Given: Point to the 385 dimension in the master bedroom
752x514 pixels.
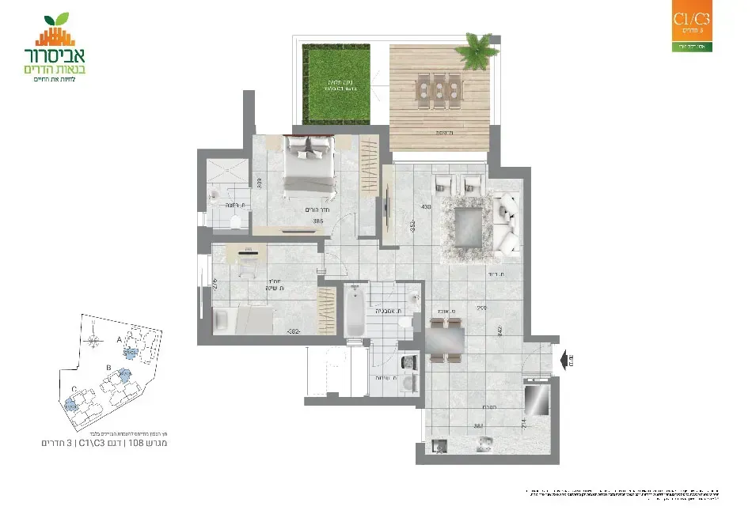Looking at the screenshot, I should (x=317, y=222).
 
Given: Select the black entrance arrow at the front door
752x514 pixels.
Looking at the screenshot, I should (x=567, y=362).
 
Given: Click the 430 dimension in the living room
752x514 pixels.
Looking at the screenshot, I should (x=426, y=206).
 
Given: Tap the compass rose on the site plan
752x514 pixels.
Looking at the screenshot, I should (x=94, y=342).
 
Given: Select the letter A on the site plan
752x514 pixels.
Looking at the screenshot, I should (x=120, y=337).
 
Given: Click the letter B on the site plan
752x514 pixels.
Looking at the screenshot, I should (x=108, y=367).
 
